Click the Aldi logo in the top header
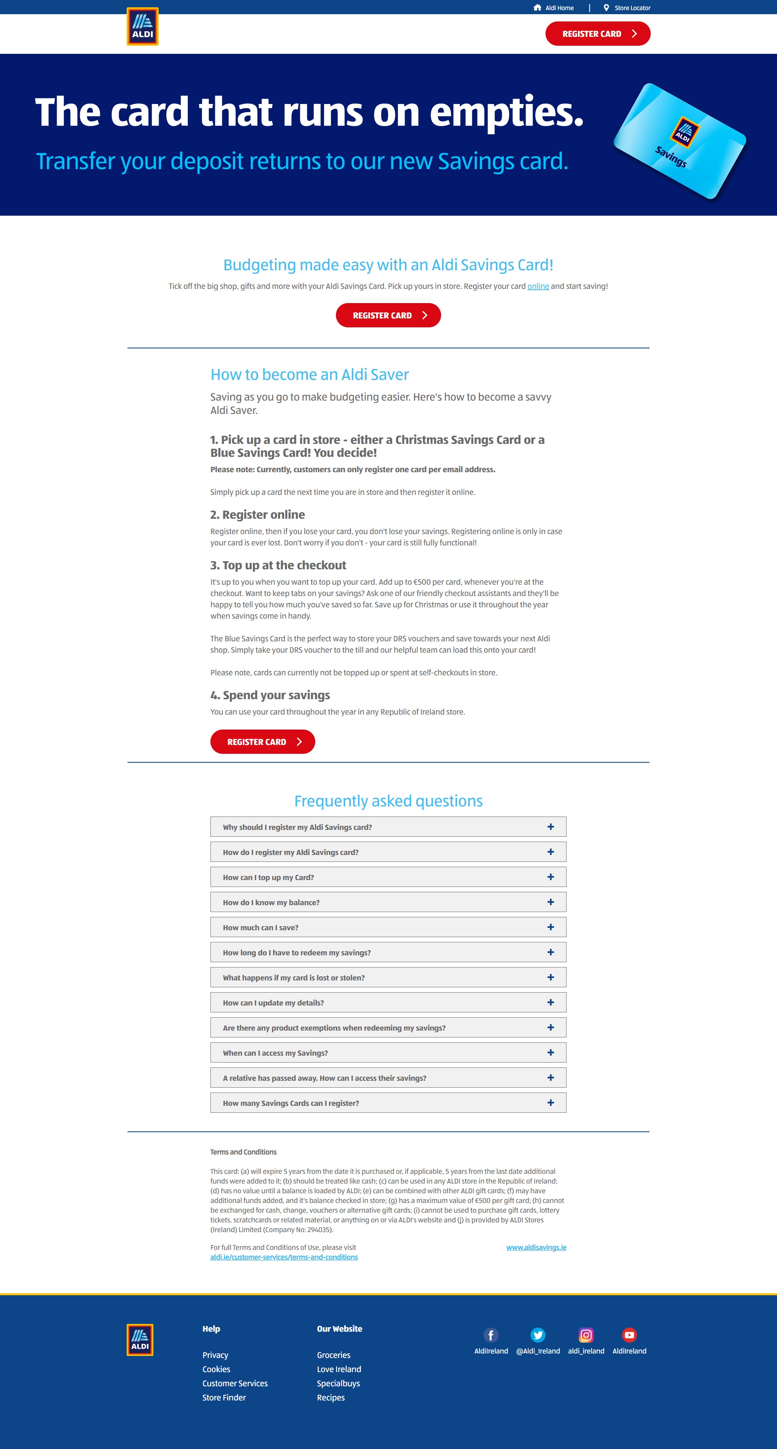pos(142,26)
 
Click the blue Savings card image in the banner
pos(679,141)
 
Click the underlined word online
pos(538,286)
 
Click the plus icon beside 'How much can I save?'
pos(550,927)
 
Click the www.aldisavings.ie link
pos(536,1247)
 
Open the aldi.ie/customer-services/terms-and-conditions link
pos(284,1257)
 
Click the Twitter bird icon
pos(538,1335)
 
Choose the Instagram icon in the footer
pos(586,1335)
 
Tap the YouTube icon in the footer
pos(629,1335)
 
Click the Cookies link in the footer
pos(217,1369)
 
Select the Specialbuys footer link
pos(338,1383)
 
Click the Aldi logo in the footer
pos(140,1339)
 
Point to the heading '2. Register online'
pos(258,515)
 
